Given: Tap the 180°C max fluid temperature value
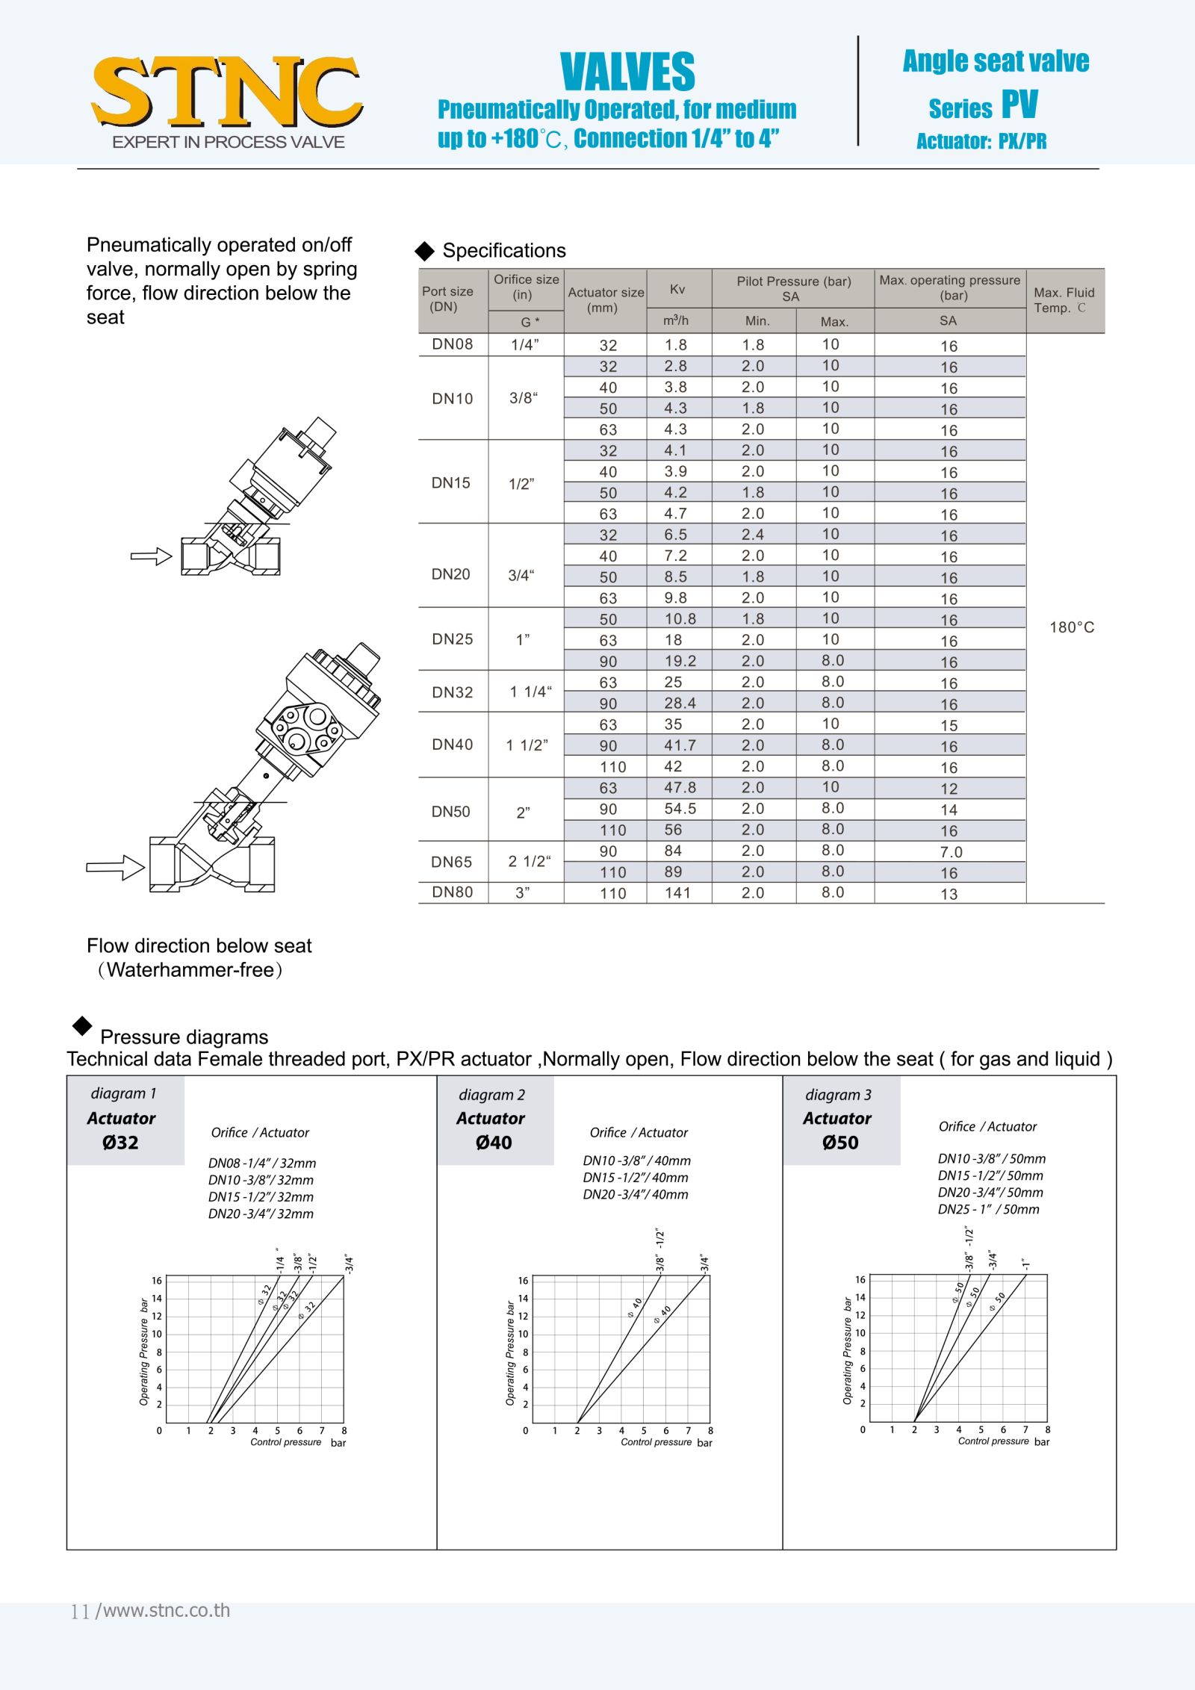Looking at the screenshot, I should point(1072,627).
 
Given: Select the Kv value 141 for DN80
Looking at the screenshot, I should point(677,893).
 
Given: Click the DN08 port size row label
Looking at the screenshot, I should point(453,344).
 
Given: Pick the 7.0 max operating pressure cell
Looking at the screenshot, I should point(951,852).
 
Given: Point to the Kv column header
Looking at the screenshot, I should point(677,290).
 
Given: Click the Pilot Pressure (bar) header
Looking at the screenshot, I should point(793,282).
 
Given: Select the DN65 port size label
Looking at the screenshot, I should point(452,862).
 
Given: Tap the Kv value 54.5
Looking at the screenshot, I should point(680,809).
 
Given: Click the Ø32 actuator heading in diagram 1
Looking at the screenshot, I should point(120,1143).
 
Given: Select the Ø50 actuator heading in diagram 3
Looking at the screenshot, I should point(840,1143).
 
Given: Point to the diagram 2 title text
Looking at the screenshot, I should point(491,1095).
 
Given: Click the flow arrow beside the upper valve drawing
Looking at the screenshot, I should point(151,556).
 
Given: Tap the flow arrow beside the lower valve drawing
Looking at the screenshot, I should point(115,867).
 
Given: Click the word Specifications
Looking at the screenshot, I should point(504,251).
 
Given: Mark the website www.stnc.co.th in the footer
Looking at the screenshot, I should point(167,1611).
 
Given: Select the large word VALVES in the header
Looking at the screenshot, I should point(627,72).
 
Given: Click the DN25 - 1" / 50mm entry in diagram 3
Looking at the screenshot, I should point(988,1210).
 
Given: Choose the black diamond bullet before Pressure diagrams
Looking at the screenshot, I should point(82,1026).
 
